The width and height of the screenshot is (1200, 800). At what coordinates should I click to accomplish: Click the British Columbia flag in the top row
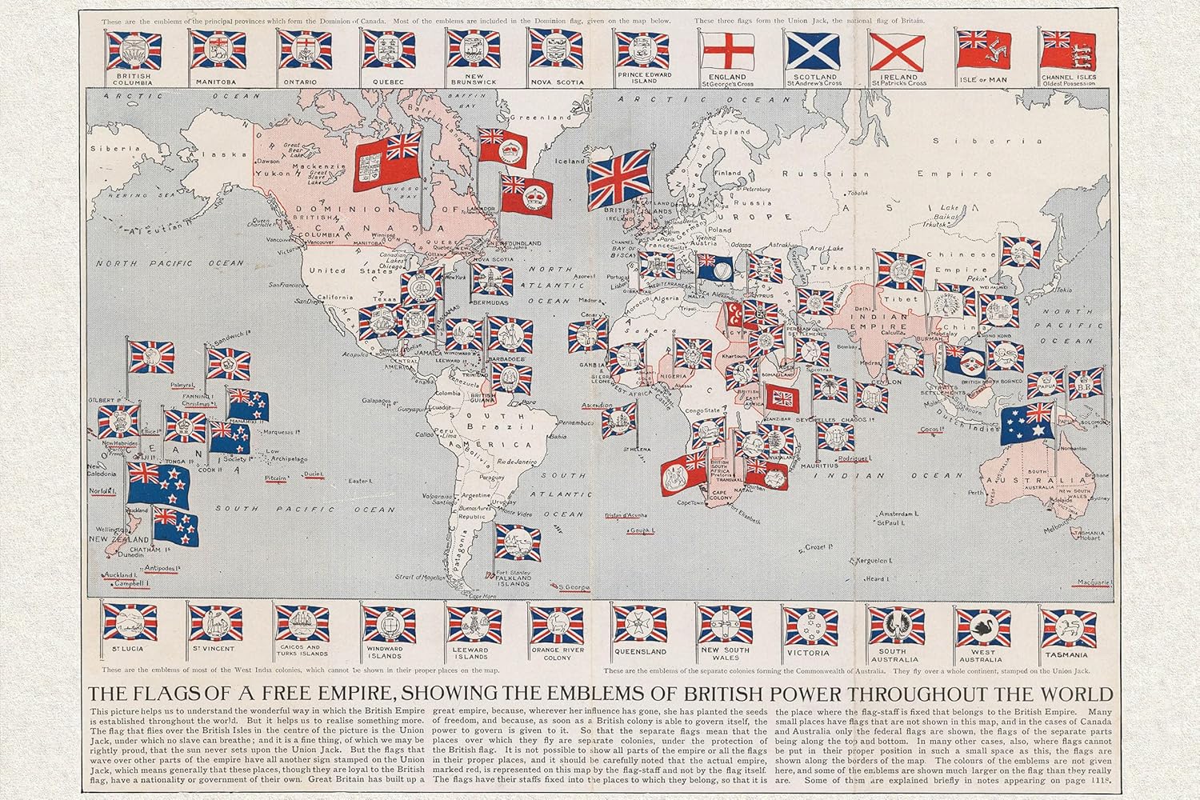click(x=134, y=50)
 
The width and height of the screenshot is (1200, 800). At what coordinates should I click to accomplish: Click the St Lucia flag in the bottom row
click(x=130, y=622)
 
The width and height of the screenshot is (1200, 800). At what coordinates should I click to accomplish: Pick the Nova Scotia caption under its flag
click(x=552, y=82)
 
